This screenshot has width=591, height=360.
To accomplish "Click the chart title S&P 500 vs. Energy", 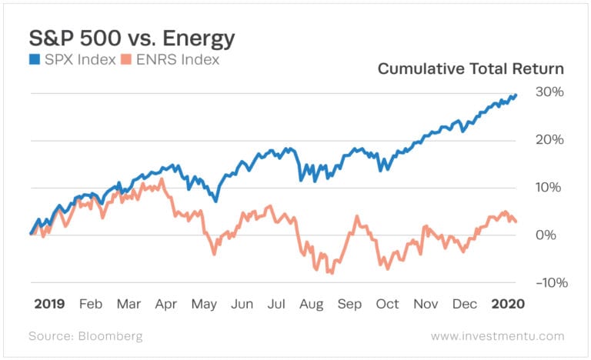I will [132, 39].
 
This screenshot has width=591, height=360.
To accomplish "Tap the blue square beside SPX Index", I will [34, 61].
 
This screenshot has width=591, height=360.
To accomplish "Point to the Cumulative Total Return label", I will [470, 69].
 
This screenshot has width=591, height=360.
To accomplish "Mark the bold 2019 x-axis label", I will [48, 304].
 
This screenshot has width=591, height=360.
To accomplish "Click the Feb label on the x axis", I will [91, 304].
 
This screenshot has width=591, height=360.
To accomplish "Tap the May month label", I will [204, 304].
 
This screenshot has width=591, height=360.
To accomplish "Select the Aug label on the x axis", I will [312, 304].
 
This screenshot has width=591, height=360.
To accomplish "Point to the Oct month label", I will [387, 304].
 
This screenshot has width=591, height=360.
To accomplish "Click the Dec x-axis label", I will [464, 304].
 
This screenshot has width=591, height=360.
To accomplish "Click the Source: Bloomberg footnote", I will [85, 336].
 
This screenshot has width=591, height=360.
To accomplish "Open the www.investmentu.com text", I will [497, 336].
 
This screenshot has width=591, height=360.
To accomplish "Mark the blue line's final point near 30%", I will [516, 95].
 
